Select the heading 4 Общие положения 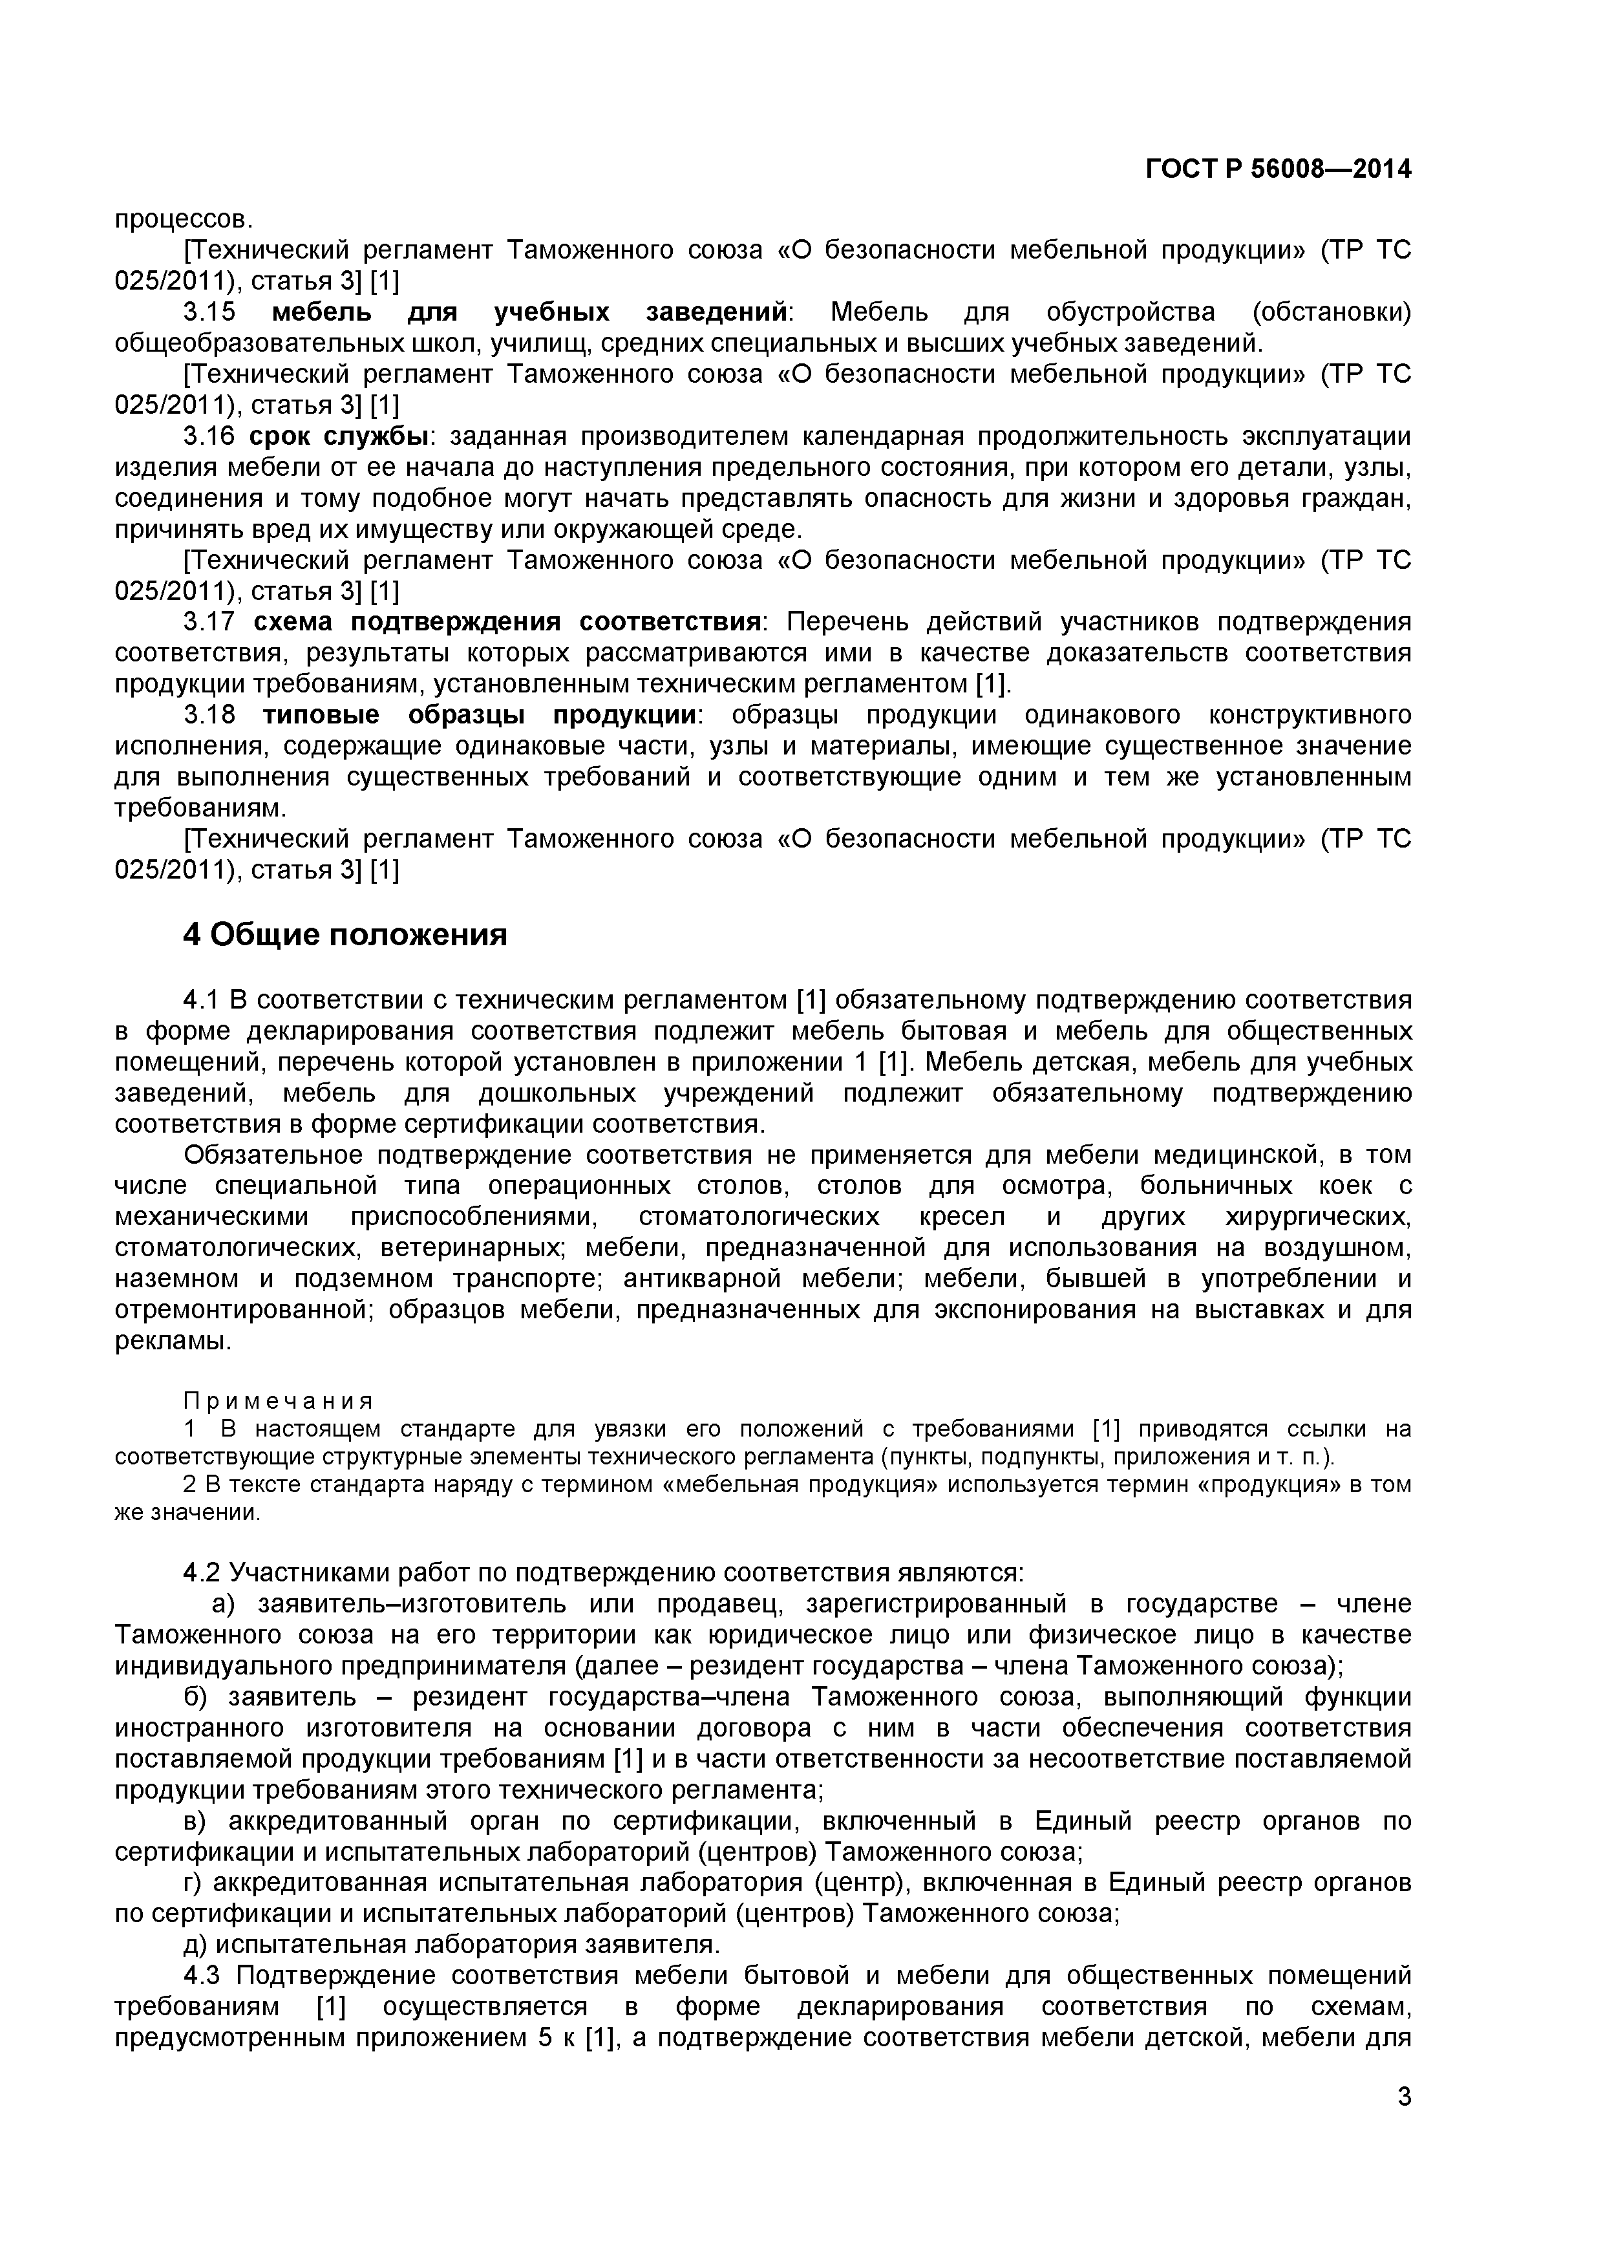345,934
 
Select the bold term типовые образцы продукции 479,715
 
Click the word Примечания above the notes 279,1401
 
